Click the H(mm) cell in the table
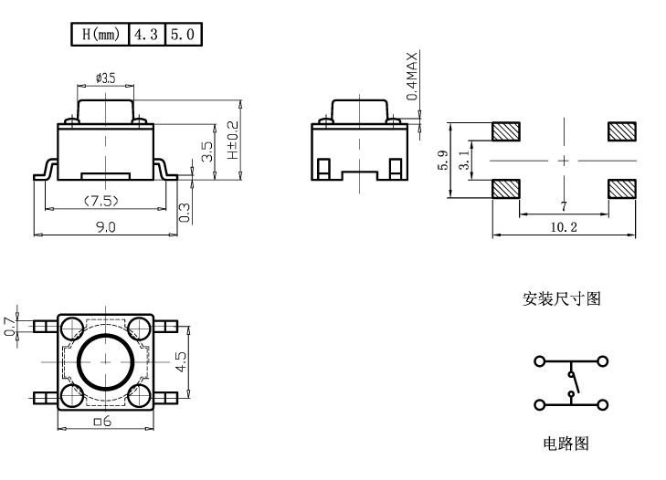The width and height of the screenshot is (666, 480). (x=100, y=36)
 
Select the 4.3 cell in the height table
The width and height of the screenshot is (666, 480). (x=146, y=36)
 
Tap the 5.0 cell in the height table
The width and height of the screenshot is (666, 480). (x=183, y=36)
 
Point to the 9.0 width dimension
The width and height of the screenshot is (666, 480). (x=106, y=227)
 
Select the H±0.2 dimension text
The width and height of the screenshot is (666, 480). (x=232, y=141)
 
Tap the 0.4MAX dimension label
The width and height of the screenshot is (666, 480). (x=412, y=76)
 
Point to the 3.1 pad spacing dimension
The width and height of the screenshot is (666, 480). (x=464, y=160)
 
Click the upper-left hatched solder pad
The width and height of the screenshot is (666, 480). (x=505, y=131)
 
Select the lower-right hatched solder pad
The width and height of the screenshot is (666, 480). (x=620, y=189)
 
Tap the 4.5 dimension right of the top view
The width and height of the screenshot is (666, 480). (x=181, y=361)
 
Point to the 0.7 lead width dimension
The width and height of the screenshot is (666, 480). (x=10, y=326)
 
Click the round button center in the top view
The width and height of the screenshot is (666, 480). (x=105, y=361)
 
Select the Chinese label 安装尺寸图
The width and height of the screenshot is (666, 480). (x=562, y=298)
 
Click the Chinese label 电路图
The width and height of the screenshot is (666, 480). (x=566, y=443)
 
